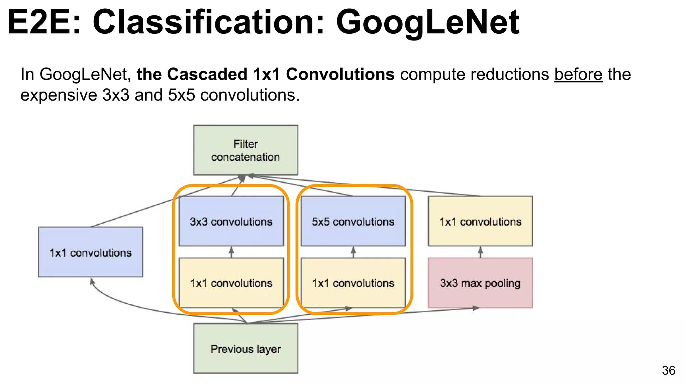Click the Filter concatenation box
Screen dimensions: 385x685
coord(246,150)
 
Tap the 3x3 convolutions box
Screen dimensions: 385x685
coord(231,221)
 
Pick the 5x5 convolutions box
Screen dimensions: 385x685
coord(353,221)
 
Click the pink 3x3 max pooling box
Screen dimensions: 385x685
coord(480,283)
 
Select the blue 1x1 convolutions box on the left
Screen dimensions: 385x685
coord(90,252)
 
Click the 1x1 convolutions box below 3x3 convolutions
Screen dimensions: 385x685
coord(231,283)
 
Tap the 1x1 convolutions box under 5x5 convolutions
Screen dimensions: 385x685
coord(353,283)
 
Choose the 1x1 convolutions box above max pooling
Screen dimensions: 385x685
coord(480,221)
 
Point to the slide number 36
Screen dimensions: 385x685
coord(668,370)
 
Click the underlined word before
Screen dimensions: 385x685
coord(578,74)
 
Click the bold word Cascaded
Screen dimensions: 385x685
coord(207,74)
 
